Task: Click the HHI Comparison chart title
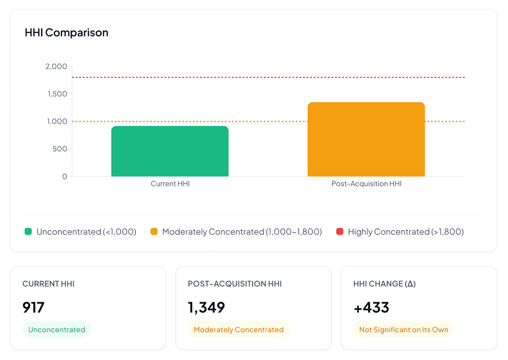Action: (66, 32)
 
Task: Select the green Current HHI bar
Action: (170, 151)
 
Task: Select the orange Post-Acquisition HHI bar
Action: (366, 140)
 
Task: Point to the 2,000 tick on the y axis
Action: (56, 66)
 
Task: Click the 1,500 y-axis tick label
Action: (57, 94)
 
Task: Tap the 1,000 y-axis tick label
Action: (57, 121)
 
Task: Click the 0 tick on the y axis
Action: (64, 177)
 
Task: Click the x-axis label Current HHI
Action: (170, 184)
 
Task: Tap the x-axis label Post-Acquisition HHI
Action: (366, 184)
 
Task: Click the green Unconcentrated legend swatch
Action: (28, 231)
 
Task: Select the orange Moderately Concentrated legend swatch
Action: (154, 231)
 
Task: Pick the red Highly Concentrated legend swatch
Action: (340, 231)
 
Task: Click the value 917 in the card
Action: (33, 307)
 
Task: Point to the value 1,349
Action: (206, 307)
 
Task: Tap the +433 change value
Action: (371, 307)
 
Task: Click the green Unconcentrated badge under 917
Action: (56, 329)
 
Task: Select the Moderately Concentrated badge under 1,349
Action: (238, 329)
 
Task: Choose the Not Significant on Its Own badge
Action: (404, 329)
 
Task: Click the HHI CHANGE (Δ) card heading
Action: (384, 284)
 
